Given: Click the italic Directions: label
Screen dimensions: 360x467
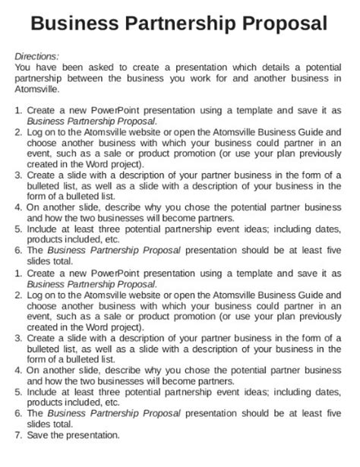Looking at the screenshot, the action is pos(37,56).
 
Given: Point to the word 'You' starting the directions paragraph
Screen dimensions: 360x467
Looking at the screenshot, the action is pos(24,67).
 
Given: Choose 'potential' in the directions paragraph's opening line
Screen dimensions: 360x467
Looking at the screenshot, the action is pos(320,67).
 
